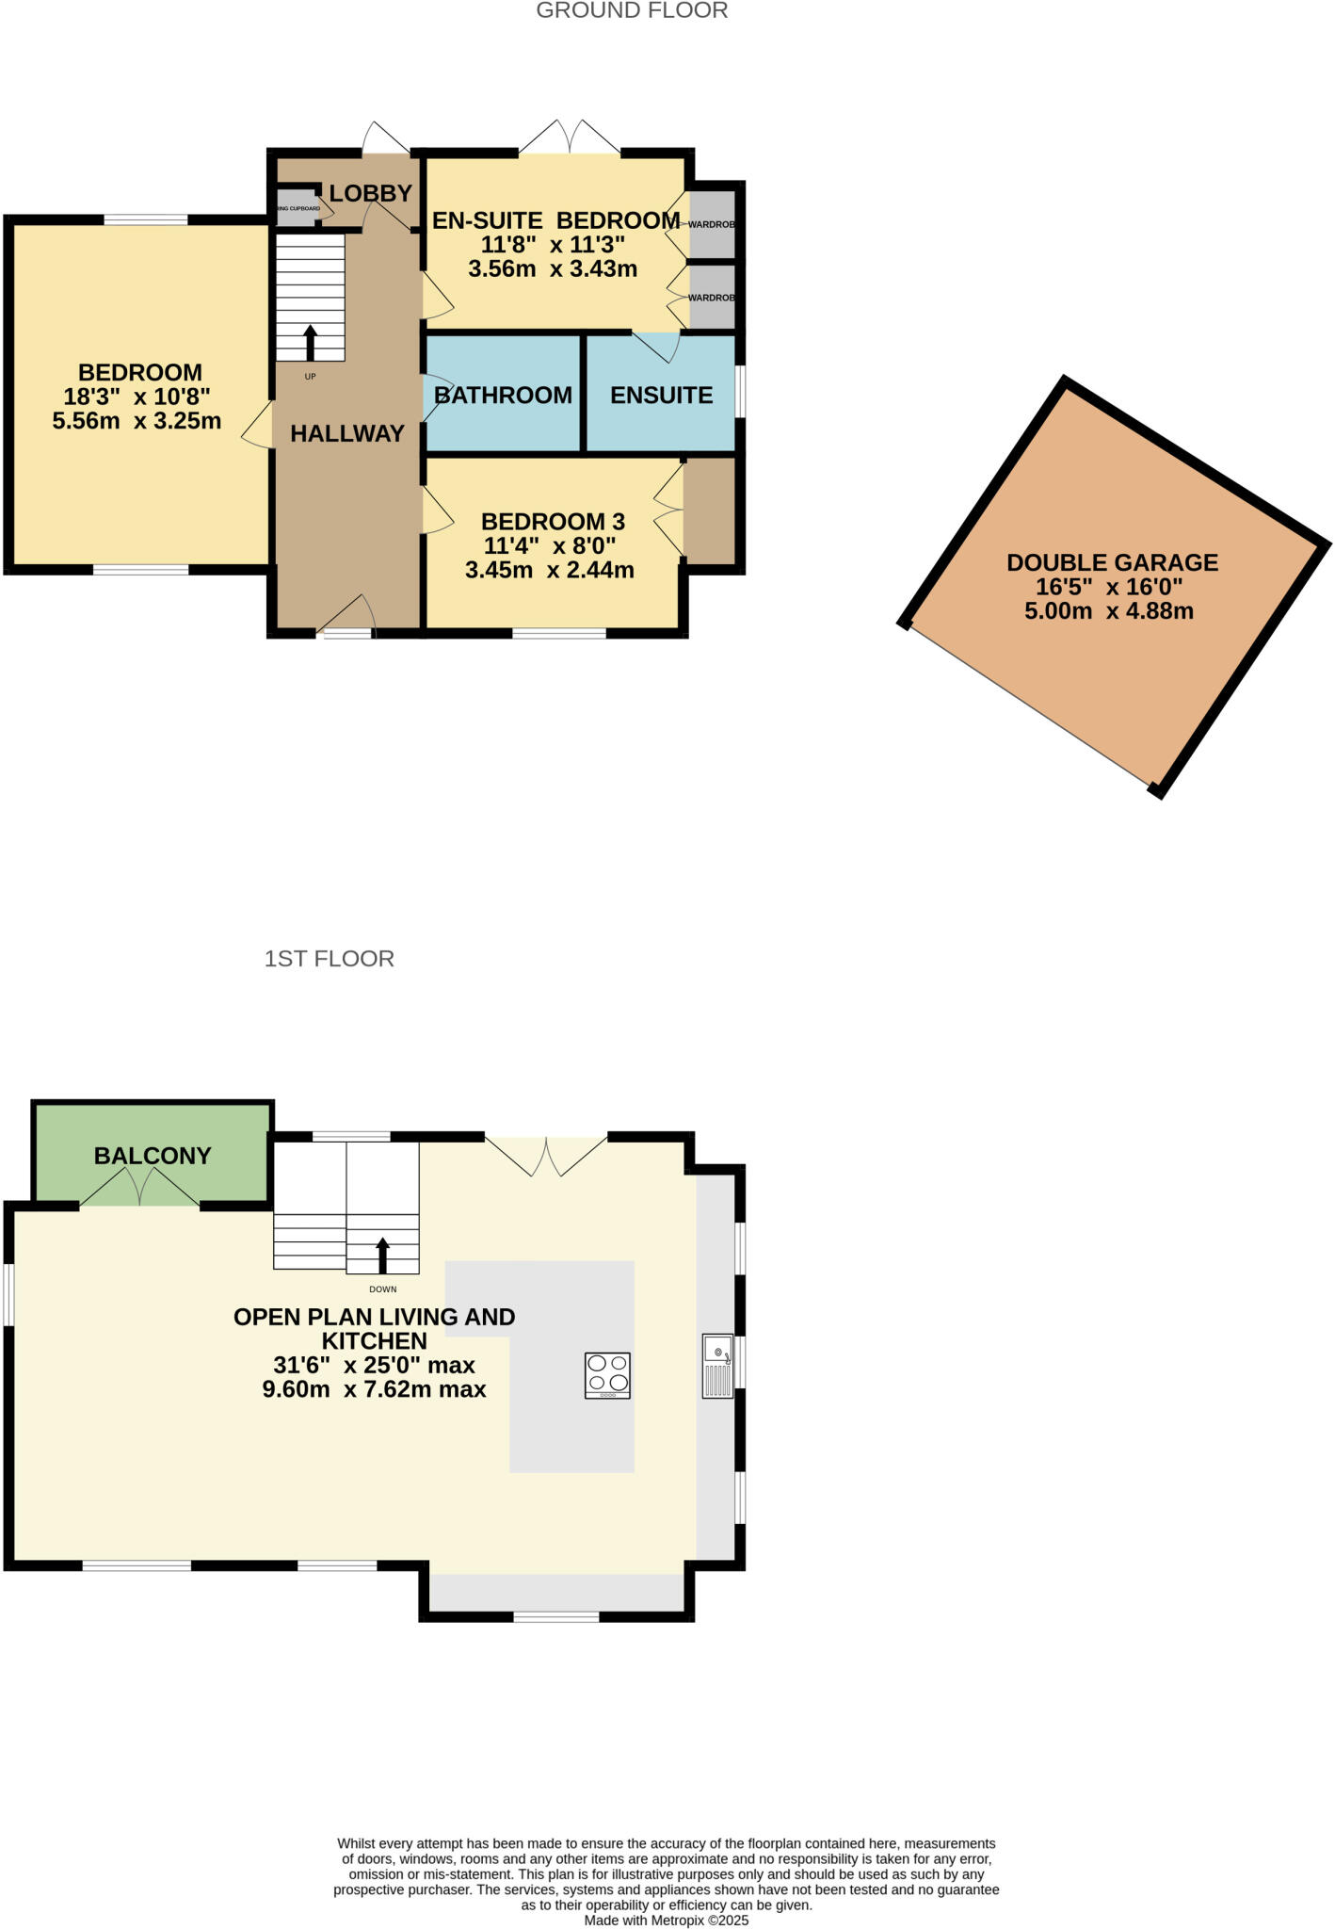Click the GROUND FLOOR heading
coord(632,11)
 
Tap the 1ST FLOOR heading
coord(329,959)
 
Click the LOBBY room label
coord(370,193)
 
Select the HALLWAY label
coord(346,433)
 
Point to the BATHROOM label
coord(503,395)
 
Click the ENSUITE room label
coord(661,395)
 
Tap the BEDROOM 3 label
coord(553,521)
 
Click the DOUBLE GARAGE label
coord(1112,562)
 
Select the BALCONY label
coord(153,1156)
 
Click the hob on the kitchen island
coord(607,1375)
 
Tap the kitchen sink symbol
coord(717,1366)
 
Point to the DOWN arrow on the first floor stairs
coord(382,1256)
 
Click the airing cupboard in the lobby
coord(297,209)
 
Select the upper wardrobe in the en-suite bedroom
coord(712,224)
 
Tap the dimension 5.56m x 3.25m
coord(137,421)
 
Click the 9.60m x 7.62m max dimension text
coord(374,1389)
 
